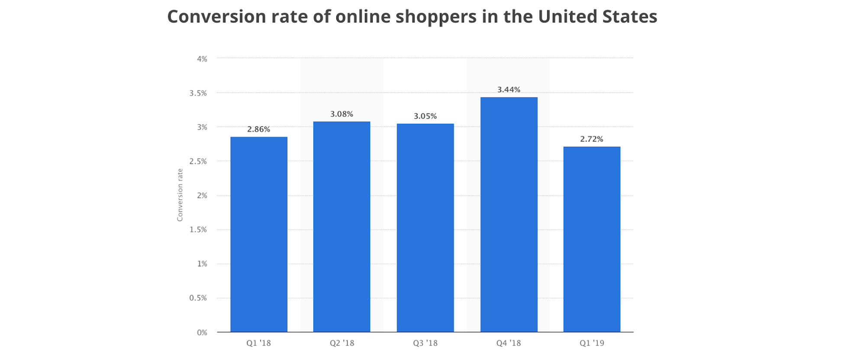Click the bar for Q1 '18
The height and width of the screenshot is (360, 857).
coord(259,235)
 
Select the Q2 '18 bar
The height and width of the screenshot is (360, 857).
coord(342,227)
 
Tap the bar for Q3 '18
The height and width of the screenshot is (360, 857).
coord(425,228)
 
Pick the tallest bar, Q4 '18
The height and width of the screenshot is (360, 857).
coord(509,215)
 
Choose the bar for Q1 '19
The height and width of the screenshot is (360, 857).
coord(592,239)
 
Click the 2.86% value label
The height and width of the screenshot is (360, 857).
coord(259,129)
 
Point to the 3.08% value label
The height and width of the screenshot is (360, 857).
coord(342,114)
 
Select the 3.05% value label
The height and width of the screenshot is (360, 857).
coord(425,116)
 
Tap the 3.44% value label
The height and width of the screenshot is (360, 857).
coord(509,90)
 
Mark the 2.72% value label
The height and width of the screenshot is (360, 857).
coord(592,139)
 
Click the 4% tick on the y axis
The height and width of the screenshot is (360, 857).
coord(202,59)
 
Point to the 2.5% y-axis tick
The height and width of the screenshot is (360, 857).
coord(198,161)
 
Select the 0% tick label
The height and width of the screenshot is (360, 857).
coord(202,333)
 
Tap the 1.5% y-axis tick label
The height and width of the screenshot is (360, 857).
coord(198,230)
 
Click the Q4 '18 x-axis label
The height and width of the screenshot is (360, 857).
coord(509,343)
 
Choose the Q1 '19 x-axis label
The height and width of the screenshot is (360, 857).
coord(592,343)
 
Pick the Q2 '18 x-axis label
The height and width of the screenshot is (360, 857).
coord(342,343)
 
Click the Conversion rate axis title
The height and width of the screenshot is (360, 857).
coord(180,195)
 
